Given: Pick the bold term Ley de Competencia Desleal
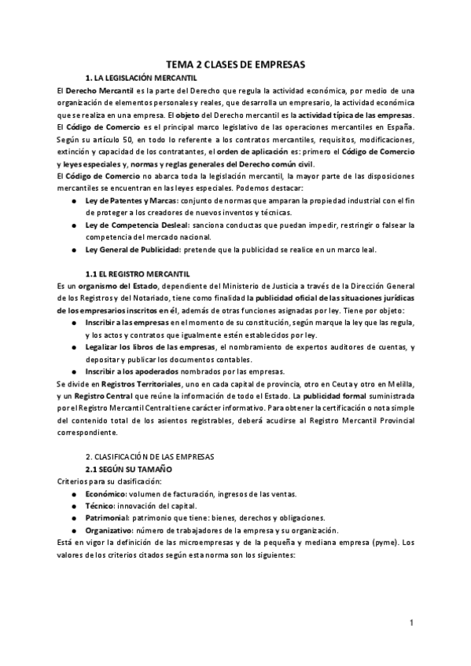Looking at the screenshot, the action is pyautogui.click(x=134, y=225).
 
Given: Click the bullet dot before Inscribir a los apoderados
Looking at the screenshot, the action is pyautogui.click(x=73, y=371).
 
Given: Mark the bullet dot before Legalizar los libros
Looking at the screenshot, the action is pyautogui.click(x=73, y=347).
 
